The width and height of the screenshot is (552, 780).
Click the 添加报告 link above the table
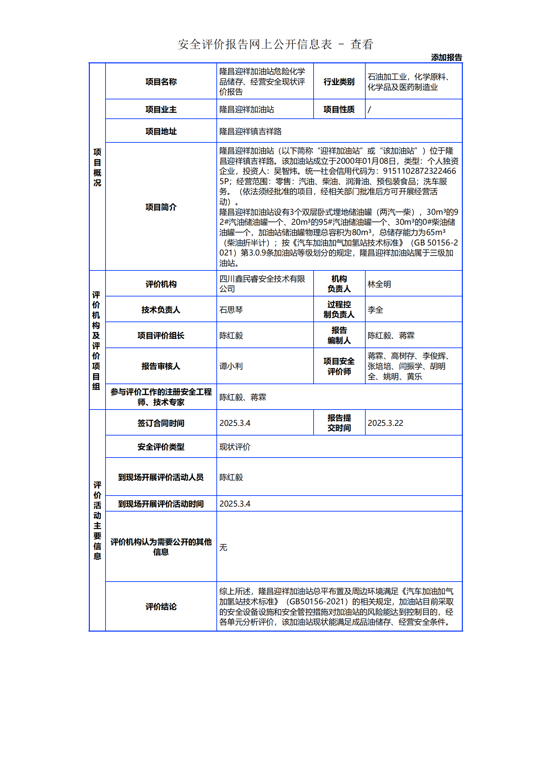446,57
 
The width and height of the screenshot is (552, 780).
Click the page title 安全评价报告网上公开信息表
255,44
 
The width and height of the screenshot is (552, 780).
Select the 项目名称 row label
161,82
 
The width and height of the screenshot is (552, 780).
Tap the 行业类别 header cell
339,82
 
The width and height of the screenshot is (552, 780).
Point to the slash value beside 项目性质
369,110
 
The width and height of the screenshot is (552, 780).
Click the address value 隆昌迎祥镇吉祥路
250,131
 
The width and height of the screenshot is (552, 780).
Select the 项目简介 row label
161,207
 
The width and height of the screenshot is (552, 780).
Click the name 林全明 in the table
379,284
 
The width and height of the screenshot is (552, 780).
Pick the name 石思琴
231,310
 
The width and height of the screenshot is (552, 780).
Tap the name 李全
375,310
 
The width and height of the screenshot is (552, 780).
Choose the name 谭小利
231,366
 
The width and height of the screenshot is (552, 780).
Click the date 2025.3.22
385,423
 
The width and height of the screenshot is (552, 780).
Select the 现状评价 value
235,447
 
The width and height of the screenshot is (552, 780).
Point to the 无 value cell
223,547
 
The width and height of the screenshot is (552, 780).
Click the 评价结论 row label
161,607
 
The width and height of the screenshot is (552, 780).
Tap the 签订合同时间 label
161,423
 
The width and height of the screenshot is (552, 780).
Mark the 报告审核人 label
161,366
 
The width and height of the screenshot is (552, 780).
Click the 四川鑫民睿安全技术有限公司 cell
262,284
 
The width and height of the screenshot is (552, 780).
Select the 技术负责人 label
161,310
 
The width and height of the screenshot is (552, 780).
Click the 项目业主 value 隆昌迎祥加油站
246,110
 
